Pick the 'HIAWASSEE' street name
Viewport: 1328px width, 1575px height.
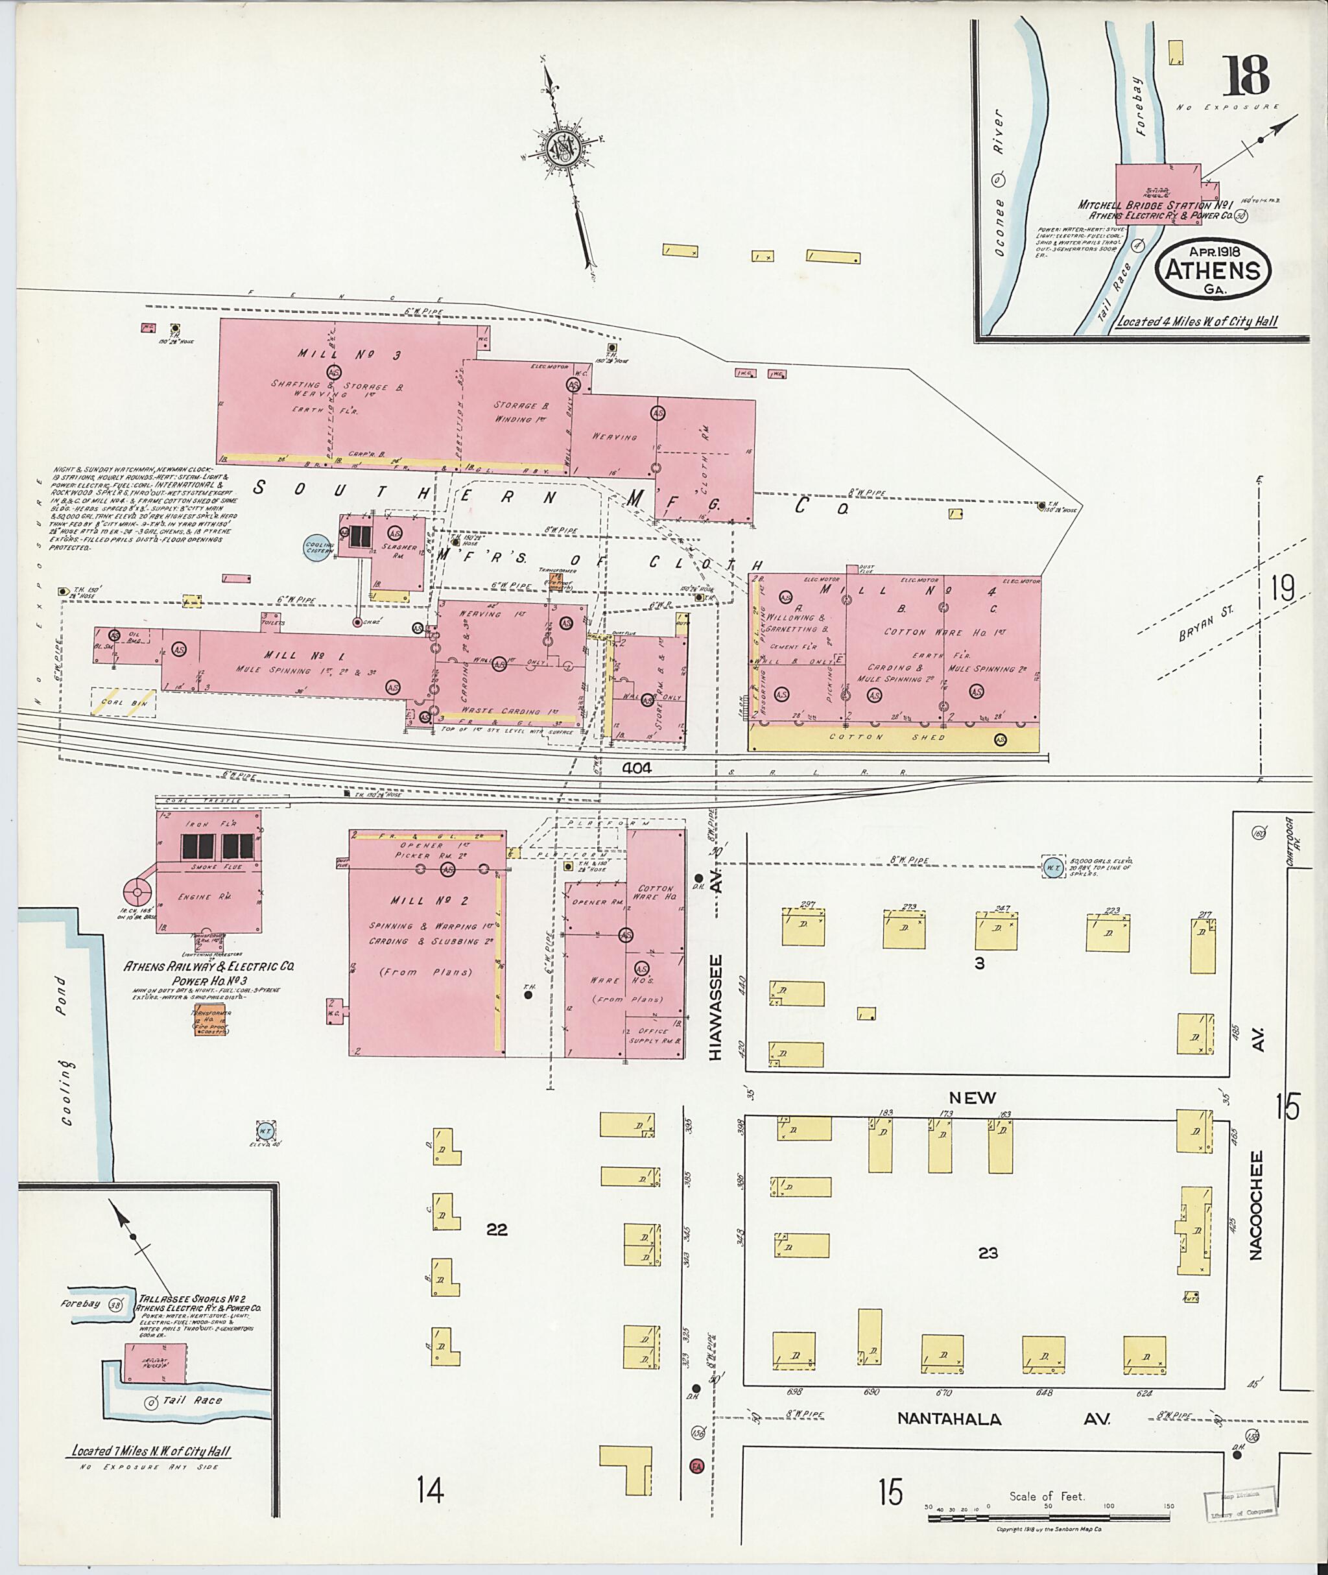pyautogui.click(x=715, y=1008)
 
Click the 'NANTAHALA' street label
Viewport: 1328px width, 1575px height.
pyautogui.click(x=949, y=1419)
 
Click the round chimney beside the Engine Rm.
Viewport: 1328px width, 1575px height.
pyautogui.click(x=137, y=894)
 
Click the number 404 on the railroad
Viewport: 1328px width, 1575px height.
pyautogui.click(x=637, y=768)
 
